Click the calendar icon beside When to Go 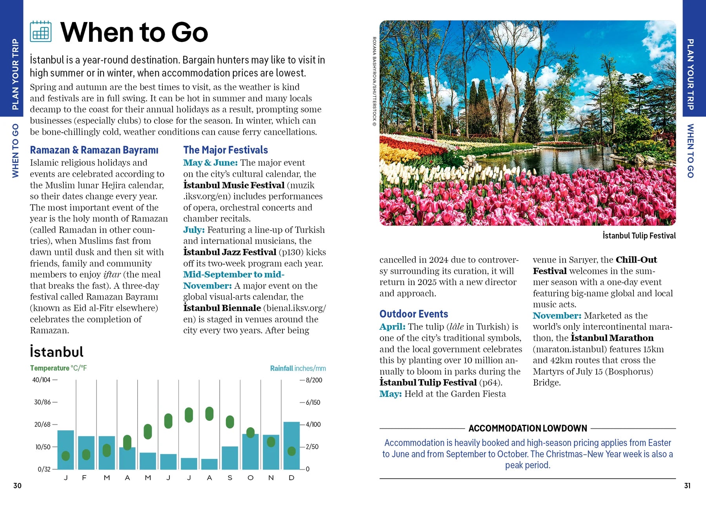tap(41, 31)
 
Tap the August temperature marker tap(209, 413)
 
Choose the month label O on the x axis tap(250, 478)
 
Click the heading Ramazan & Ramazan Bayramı tap(94, 150)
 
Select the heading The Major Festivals tap(226, 150)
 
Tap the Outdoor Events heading tap(413, 314)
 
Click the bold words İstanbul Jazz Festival tap(230, 252)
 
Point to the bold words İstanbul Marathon tap(612, 338)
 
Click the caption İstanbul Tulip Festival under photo tap(639, 236)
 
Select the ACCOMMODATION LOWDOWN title tap(528, 428)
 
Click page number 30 tap(17, 486)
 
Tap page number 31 tap(687, 486)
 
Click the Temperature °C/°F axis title tap(58, 368)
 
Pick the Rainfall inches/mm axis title tap(298, 368)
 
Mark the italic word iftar tap(112, 274)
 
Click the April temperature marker tap(127, 442)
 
